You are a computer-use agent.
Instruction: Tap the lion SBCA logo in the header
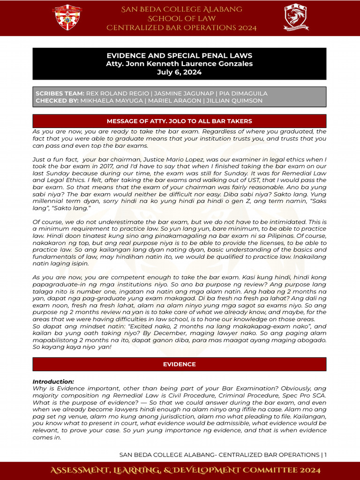point(296,18)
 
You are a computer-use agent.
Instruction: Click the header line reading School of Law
point(181,18)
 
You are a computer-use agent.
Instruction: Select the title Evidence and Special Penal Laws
point(180,55)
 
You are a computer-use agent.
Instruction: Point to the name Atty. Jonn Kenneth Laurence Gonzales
point(180,64)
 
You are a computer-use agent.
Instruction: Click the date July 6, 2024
point(180,72)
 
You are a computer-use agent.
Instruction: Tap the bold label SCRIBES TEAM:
point(60,94)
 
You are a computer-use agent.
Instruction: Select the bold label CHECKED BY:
point(57,101)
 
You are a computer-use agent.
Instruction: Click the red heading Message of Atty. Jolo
point(180,121)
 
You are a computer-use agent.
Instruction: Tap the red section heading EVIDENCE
point(180,364)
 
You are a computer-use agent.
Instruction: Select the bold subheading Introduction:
point(53,382)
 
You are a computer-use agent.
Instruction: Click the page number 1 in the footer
point(325,455)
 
